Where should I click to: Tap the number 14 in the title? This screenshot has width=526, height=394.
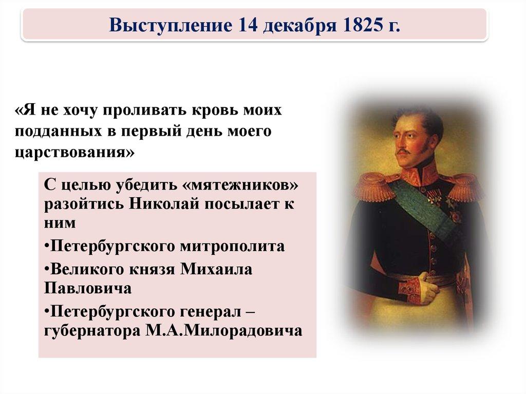(249, 24)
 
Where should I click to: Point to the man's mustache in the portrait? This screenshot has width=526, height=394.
(406, 152)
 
